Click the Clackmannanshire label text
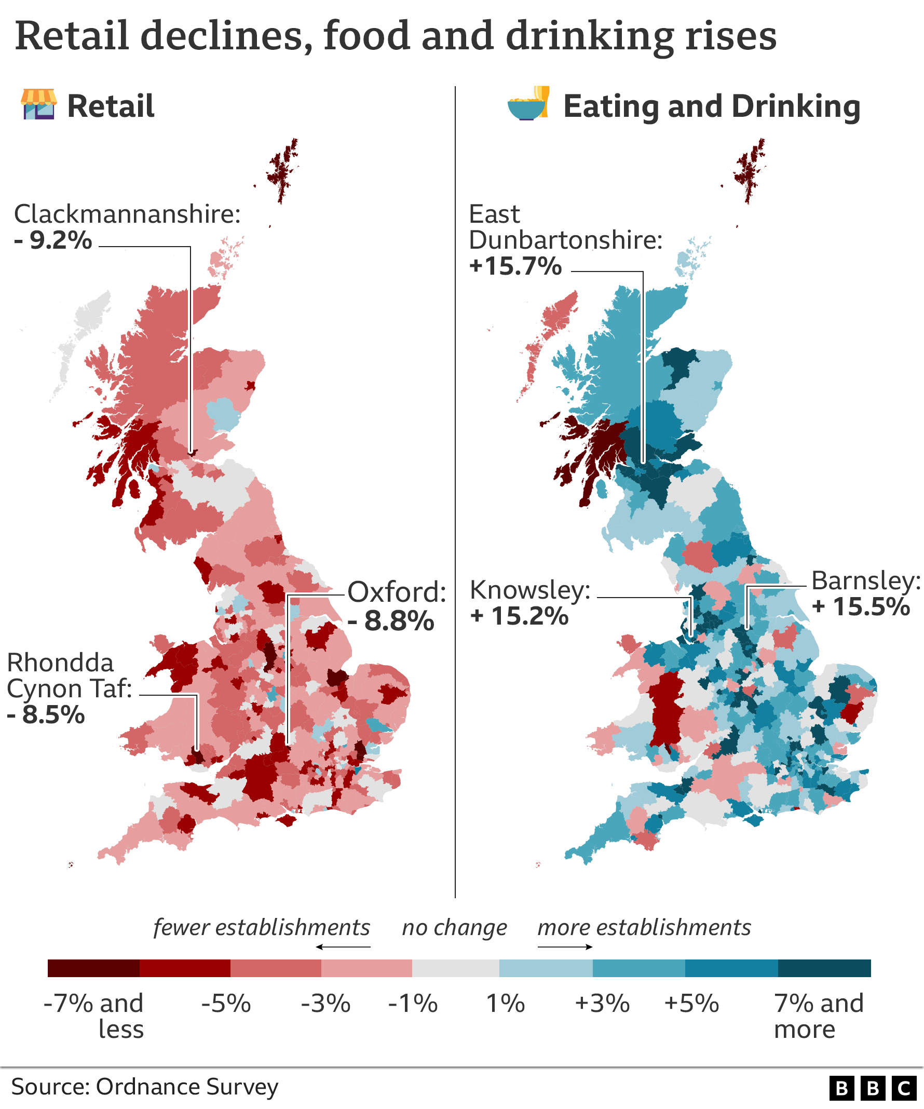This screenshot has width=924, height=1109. pos(127,215)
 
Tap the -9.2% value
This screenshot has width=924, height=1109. pos(53,241)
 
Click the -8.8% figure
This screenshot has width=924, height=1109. pos(391,621)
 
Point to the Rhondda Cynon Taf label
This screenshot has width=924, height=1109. pos(69,676)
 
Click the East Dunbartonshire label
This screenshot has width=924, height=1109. pos(565,227)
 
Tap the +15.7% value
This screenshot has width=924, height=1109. pos(515,266)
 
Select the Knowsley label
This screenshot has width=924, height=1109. pos(529,590)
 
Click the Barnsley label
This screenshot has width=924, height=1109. pos(866,581)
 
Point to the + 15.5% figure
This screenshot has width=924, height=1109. pos(861,607)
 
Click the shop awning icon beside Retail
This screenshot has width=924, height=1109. pos(38,104)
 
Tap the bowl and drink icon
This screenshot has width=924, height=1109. pos(528,103)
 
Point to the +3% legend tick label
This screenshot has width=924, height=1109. pos(602,1004)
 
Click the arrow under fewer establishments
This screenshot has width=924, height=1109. pos(343,948)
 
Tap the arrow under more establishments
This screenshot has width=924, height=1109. pos(565,948)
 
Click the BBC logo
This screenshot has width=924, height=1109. pos(872,1088)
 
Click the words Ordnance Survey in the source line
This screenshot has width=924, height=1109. pos(187,1087)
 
